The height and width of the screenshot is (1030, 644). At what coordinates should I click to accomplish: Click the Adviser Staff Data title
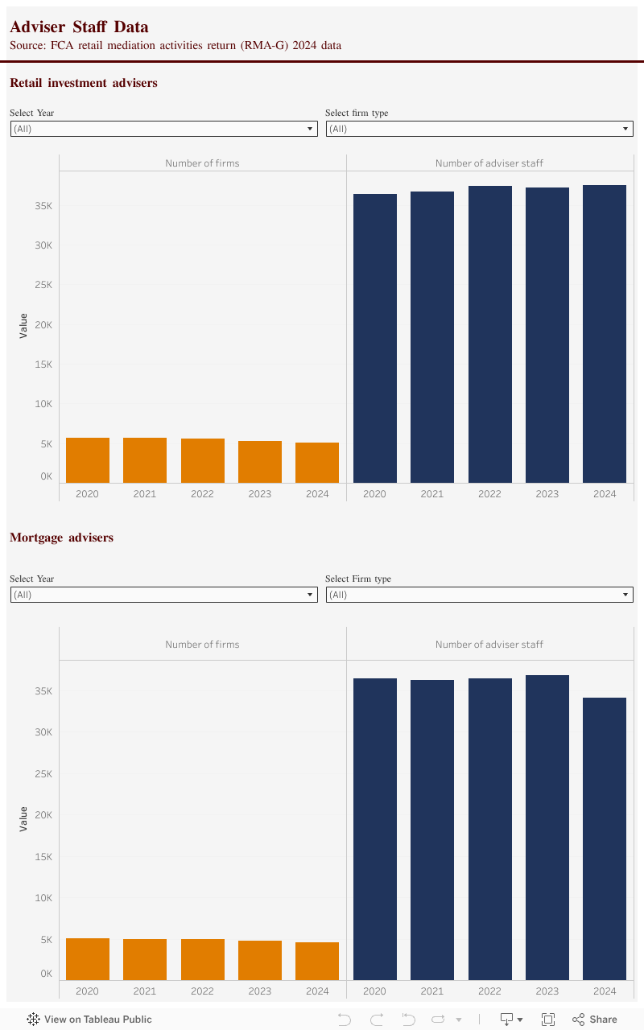[79, 27]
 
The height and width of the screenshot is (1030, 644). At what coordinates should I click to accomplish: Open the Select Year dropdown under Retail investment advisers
[163, 129]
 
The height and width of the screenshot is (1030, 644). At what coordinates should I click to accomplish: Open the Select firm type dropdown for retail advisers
[479, 129]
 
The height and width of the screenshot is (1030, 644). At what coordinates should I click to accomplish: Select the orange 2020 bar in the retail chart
[88, 460]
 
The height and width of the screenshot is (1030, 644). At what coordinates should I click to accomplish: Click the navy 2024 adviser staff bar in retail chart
[605, 334]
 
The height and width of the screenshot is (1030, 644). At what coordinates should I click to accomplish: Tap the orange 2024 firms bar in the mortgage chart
[317, 961]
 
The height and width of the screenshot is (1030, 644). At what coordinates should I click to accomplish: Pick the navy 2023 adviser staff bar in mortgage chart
[547, 827]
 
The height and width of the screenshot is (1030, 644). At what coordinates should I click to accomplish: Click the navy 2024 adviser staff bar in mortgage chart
[605, 838]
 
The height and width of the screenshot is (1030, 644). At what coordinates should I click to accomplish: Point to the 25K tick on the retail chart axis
[43, 285]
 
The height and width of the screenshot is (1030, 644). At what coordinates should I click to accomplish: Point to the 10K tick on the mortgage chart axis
[43, 898]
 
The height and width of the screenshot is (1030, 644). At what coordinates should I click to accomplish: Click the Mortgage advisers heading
[61, 538]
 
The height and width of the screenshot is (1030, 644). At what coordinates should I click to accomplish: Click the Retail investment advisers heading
[84, 83]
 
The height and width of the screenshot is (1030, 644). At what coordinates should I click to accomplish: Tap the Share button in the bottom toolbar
[595, 1020]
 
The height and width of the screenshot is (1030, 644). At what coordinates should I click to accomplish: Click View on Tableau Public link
[89, 1020]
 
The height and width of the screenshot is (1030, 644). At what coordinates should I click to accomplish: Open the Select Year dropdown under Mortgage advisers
[163, 595]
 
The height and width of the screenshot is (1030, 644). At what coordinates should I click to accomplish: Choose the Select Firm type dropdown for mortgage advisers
[479, 595]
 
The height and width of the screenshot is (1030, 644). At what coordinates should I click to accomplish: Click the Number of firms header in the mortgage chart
[202, 645]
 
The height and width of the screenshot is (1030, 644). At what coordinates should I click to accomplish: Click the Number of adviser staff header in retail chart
[489, 163]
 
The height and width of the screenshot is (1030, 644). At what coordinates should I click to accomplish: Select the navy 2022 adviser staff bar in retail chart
[489, 334]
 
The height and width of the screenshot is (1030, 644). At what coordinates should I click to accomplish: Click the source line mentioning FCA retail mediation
[175, 46]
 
